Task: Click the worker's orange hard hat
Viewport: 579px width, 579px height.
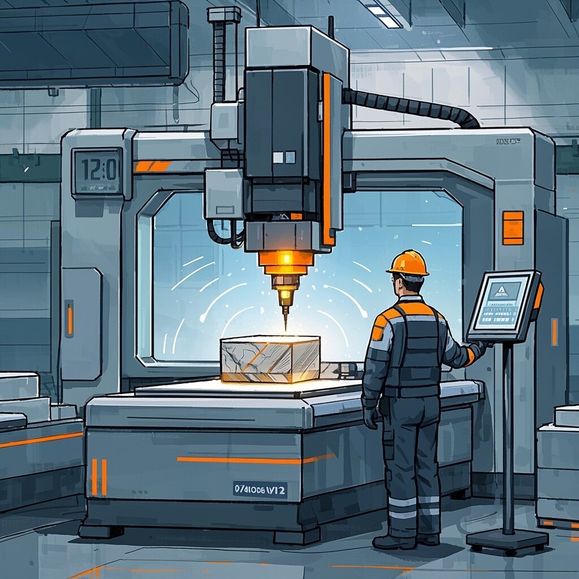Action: pos(409,263)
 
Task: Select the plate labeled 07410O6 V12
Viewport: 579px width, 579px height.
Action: pos(260,490)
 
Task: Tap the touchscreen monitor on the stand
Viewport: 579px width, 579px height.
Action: pos(503,306)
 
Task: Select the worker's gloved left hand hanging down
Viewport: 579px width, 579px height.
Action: pos(371,418)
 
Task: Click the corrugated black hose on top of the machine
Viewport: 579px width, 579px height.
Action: pos(413,106)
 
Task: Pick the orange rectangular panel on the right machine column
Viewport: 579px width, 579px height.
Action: pos(513,228)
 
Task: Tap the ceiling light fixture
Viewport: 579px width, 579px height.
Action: pos(384,16)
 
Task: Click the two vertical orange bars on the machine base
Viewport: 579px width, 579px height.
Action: pos(99,477)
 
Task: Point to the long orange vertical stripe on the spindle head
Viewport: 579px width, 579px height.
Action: pos(326,158)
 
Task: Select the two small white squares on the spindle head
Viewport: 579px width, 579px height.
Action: pos(284,157)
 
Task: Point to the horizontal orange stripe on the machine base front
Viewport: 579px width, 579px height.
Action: pos(254,460)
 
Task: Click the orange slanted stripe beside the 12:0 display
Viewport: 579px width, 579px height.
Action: pos(152,166)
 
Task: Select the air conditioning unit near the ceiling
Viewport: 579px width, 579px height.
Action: pos(93,42)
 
